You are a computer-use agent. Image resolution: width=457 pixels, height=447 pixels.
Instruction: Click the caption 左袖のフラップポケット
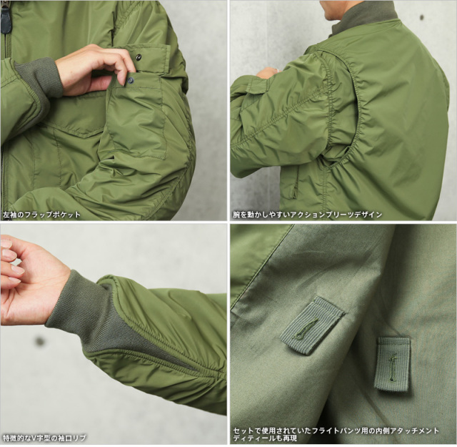point(41,215)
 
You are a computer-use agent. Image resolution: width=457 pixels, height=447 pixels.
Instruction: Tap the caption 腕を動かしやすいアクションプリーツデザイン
point(307,215)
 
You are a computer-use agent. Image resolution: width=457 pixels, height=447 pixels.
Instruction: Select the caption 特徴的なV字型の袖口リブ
point(44,438)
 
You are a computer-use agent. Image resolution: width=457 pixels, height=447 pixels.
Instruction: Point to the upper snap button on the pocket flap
point(138,56)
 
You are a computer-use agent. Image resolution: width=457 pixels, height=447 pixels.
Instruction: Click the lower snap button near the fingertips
point(130,79)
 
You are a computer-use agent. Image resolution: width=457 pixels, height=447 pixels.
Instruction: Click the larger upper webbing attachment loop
point(312,326)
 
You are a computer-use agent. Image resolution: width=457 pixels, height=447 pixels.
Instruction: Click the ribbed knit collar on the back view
point(364,17)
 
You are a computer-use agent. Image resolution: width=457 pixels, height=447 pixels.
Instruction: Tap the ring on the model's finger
point(276,69)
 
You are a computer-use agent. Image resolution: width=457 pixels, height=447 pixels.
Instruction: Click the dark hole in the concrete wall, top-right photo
point(421,17)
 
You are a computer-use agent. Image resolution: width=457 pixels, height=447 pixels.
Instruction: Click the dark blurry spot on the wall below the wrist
point(40,341)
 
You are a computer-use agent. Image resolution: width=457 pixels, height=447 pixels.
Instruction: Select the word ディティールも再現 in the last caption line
point(265,438)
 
